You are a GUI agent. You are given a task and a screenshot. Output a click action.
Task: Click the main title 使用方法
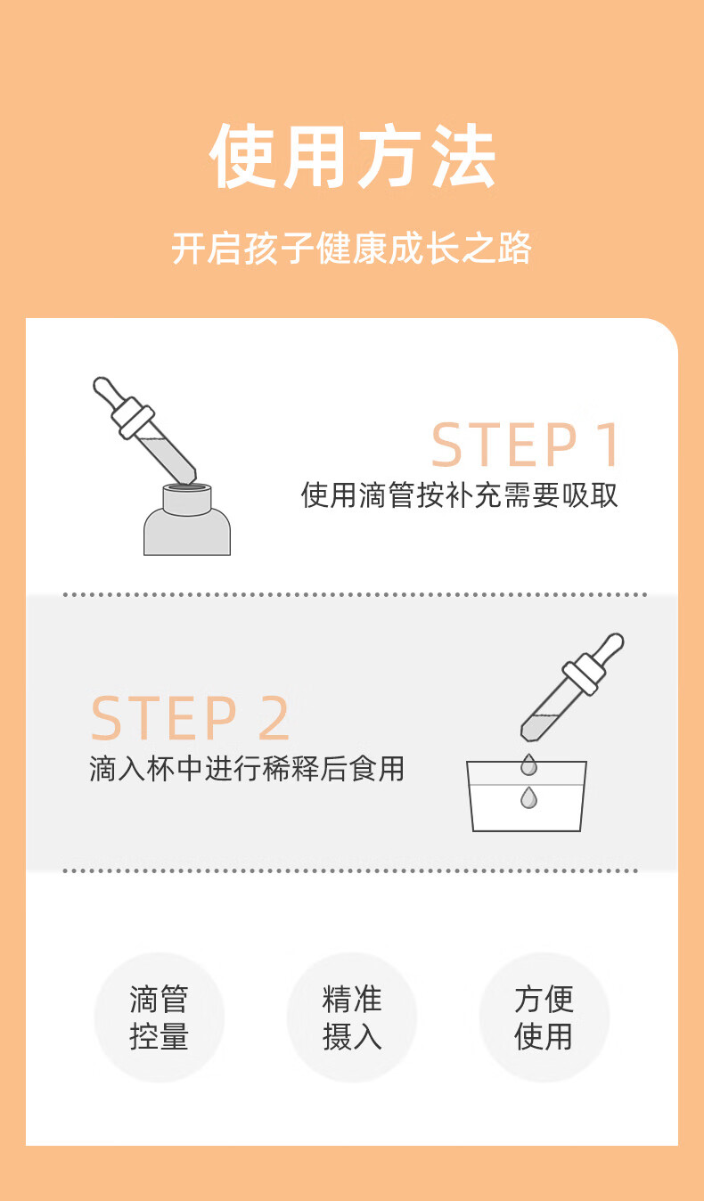[x=352, y=156]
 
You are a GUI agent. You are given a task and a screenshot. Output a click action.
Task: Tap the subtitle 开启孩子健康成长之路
[x=352, y=249]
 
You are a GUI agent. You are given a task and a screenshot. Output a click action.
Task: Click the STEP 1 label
[x=525, y=445]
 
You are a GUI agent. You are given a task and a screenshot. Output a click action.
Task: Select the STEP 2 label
[x=191, y=718]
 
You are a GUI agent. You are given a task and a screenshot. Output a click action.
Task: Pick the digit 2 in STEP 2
[x=274, y=718]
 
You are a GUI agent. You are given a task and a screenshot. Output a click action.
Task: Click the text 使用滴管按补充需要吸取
[x=460, y=494]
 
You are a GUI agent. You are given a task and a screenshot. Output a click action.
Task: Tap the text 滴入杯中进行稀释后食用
[x=247, y=769]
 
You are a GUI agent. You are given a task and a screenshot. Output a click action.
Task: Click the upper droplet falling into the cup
[x=528, y=764]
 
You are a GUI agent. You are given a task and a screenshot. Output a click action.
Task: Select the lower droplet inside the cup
[x=528, y=797]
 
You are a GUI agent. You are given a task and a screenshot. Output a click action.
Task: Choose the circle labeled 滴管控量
[x=159, y=1017]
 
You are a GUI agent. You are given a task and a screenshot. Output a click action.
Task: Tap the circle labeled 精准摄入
[x=352, y=1017]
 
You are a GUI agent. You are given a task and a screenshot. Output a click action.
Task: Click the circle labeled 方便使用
[x=544, y=1017]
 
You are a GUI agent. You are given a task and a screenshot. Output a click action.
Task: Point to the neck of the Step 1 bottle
[x=187, y=499]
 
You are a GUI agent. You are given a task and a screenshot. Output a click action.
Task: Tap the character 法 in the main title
[x=464, y=156]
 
